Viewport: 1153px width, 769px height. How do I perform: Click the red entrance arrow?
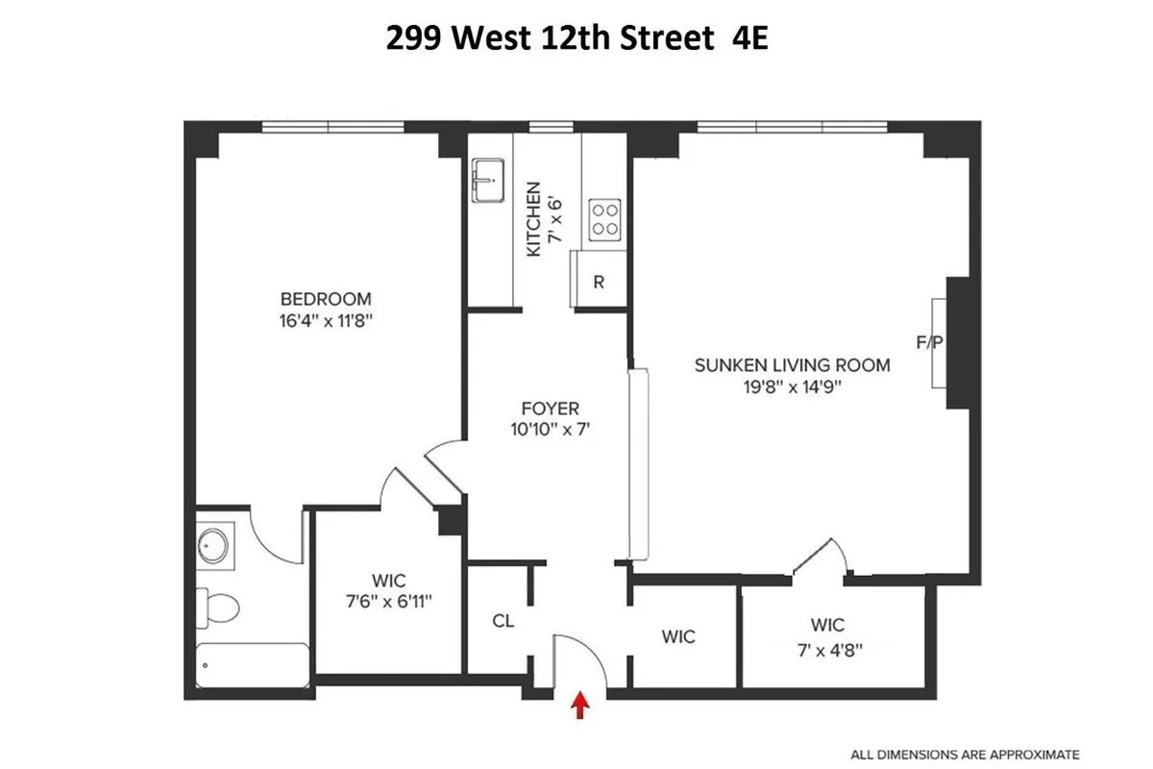[580, 707]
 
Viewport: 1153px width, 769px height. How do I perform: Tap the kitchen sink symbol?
[488, 181]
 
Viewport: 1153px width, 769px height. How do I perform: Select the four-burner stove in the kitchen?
[605, 217]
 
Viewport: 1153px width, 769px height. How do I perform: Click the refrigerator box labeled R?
[599, 282]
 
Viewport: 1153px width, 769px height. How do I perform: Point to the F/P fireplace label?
[928, 342]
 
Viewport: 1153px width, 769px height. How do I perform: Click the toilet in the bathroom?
[220, 607]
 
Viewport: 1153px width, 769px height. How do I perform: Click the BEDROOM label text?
[326, 299]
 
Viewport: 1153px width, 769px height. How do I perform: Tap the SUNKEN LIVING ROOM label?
[793, 365]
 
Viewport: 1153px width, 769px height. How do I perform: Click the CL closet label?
[503, 621]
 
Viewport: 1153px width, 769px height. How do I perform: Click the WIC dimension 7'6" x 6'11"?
[388, 602]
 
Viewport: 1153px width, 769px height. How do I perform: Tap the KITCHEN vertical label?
[534, 218]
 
